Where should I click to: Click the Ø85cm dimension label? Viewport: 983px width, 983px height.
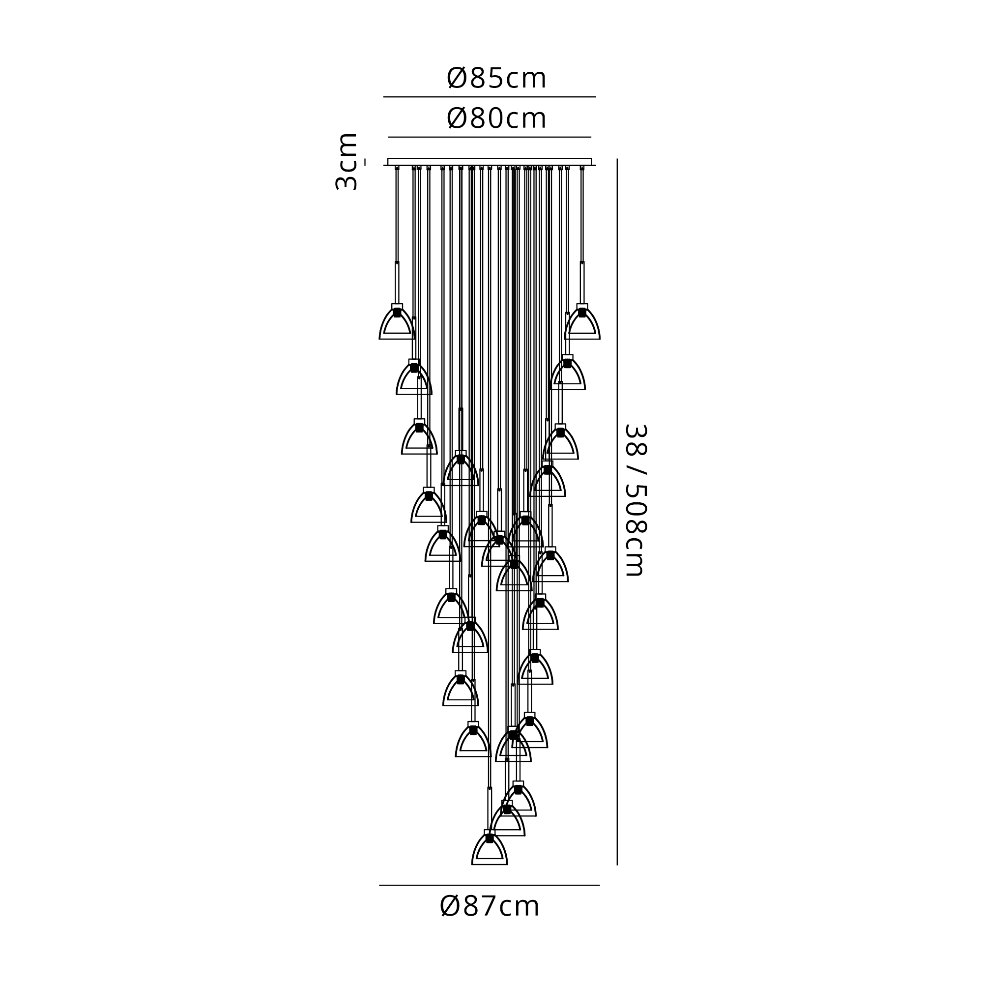tap(496, 78)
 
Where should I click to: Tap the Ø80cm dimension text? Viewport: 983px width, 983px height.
tap(496, 118)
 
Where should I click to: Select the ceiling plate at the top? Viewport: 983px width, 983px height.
tap(490, 162)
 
